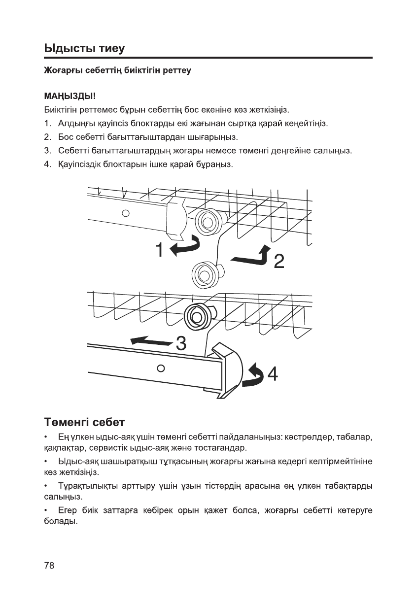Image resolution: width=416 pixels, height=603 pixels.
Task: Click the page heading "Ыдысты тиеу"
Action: point(84,48)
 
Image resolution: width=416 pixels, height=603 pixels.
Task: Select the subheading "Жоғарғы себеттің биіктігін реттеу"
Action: point(117,70)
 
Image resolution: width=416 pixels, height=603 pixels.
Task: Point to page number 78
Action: point(49,565)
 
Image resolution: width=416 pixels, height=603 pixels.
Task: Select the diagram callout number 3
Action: point(180,344)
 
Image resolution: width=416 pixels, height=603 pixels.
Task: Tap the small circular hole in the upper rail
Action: point(126,213)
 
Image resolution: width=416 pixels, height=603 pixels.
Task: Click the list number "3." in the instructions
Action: point(48,150)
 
